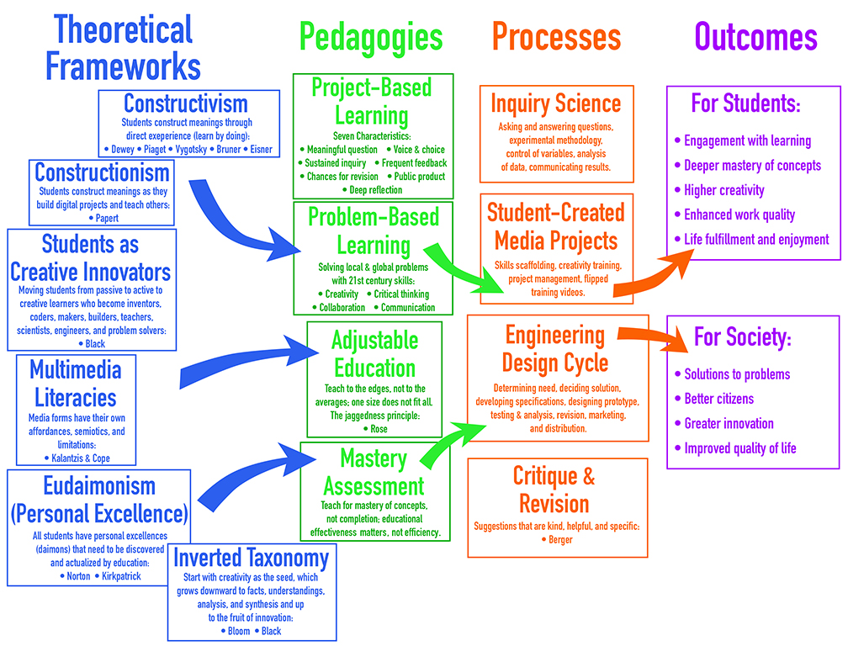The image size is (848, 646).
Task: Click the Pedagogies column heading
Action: click(371, 37)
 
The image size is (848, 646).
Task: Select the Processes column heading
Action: click(556, 37)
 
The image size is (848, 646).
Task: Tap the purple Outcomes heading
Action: click(755, 37)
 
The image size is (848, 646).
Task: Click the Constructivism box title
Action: click(186, 103)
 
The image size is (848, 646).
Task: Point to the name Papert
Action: click(103, 218)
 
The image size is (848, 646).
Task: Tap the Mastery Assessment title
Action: click(374, 473)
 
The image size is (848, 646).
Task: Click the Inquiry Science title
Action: click(556, 103)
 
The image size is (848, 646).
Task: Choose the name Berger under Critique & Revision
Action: click(556, 539)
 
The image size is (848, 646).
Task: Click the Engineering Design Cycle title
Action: click(555, 348)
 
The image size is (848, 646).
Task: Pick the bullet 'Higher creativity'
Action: click(723, 190)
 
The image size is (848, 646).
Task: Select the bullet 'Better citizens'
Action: click(718, 399)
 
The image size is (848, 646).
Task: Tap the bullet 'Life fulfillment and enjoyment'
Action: click(755, 240)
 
